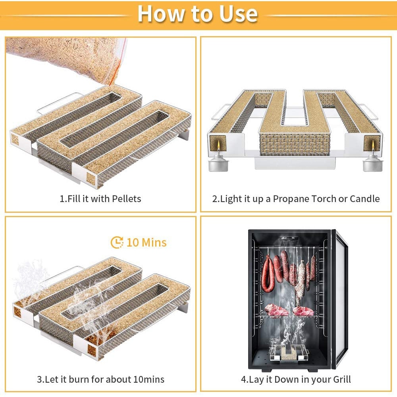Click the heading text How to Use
click(197, 13)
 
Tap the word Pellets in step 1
click(126, 199)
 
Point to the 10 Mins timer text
click(146, 242)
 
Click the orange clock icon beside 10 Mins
click(117, 242)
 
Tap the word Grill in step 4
click(342, 379)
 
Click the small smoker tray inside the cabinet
click(289, 352)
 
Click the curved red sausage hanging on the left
click(268, 274)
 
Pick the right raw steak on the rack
click(303, 311)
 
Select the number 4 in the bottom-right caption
click(243, 379)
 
